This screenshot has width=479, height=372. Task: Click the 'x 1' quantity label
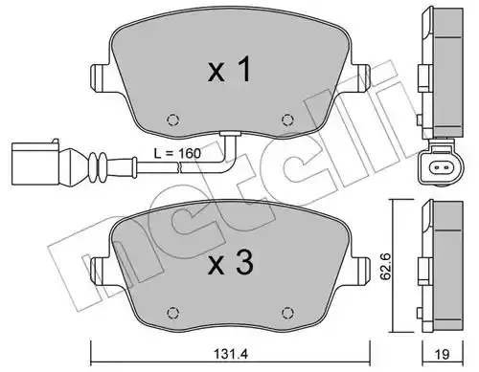229,70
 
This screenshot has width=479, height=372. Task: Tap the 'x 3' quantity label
231,263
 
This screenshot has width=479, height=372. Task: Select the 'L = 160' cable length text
177,154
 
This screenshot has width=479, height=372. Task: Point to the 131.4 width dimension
231,354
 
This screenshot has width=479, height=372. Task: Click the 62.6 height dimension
387,267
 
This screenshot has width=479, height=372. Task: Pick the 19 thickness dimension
442,354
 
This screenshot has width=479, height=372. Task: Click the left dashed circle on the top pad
173,120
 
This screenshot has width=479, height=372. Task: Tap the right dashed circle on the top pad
287,120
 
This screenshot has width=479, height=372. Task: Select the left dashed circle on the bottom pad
173,313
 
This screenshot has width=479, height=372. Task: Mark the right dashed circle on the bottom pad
287,313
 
